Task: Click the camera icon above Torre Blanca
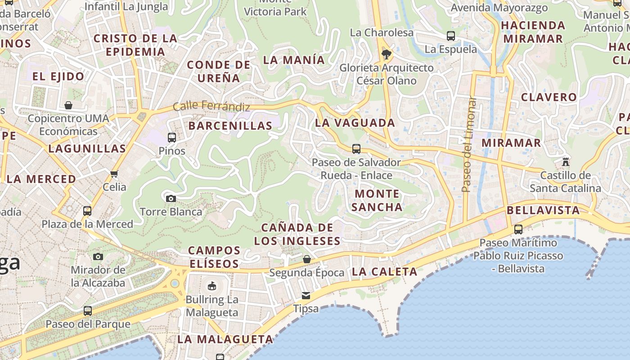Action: click(x=171, y=198)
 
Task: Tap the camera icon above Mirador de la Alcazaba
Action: click(x=98, y=257)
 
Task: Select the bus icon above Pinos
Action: click(x=171, y=138)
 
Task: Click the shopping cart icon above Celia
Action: click(x=114, y=174)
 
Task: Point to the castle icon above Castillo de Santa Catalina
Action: click(x=566, y=162)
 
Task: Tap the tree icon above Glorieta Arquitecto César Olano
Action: click(x=386, y=55)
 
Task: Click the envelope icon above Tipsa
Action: click(x=306, y=296)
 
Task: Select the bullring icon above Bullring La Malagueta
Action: click(x=211, y=286)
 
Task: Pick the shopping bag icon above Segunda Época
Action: click(x=306, y=259)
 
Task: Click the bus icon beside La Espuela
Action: click(x=450, y=36)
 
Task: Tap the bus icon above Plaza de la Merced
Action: click(x=87, y=211)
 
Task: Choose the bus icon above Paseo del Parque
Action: click(x=88, y=310)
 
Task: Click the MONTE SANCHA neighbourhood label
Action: click(x=377, y=200)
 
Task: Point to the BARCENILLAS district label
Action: click(x=230, y=126)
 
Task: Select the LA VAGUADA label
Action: click(x=355, y=122)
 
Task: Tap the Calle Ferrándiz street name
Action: click(x=211, y=106)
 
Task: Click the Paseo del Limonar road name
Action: click(x=469, y=144)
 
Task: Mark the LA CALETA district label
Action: click(x=385, y=271)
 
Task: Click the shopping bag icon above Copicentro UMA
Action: click(x=68, y=105)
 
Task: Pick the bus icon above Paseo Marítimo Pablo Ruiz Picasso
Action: click(x=518, y=229)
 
